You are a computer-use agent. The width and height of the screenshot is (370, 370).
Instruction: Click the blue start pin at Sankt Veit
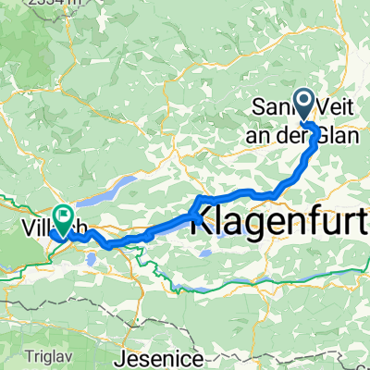tap(302, 102)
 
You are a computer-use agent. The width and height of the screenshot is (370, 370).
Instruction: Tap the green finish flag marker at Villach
tap(64, 219)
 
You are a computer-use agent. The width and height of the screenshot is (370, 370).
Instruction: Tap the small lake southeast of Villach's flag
tap(91, 260)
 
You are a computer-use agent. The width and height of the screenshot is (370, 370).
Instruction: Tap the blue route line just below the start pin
tap(313, 125)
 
